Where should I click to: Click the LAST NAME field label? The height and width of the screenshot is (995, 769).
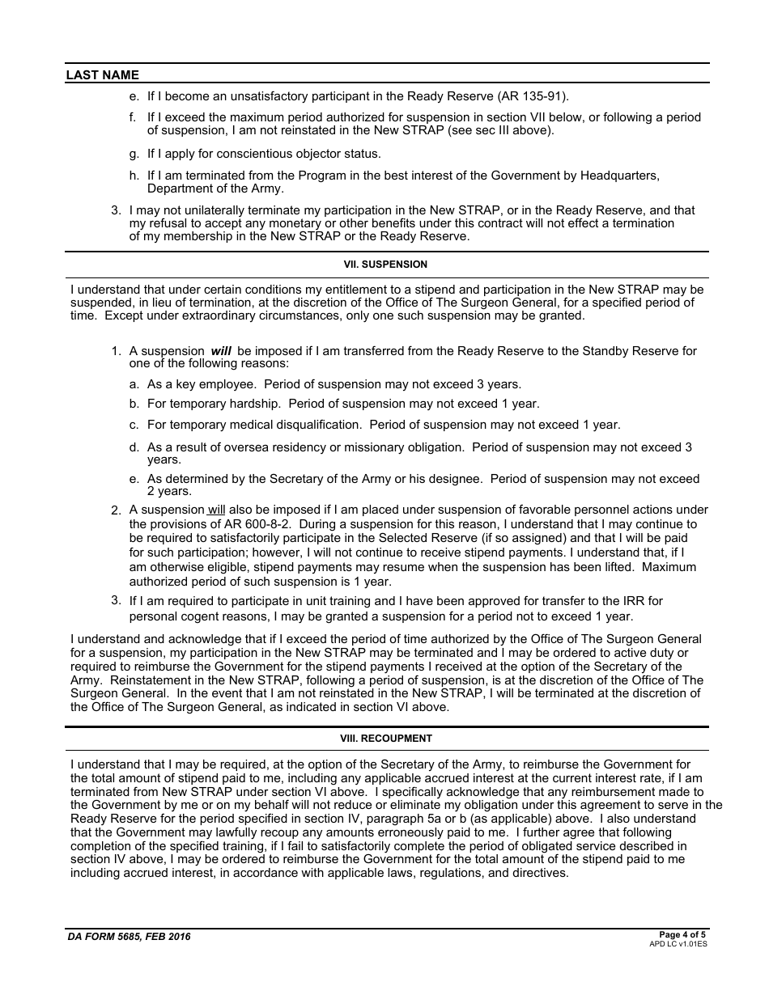(103, 75)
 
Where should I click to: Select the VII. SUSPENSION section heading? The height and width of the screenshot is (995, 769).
(386, 265)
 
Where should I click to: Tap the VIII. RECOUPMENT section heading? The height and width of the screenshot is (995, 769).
(386, 739)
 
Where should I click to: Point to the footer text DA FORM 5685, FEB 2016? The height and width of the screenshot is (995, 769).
(130, 937)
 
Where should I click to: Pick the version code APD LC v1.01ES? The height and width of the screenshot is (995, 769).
(678, 944)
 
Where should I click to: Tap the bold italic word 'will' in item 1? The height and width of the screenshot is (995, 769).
(221, 351)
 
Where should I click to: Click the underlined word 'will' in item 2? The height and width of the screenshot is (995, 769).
(216, 510)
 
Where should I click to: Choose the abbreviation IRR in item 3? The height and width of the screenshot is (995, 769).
(627, 601)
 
